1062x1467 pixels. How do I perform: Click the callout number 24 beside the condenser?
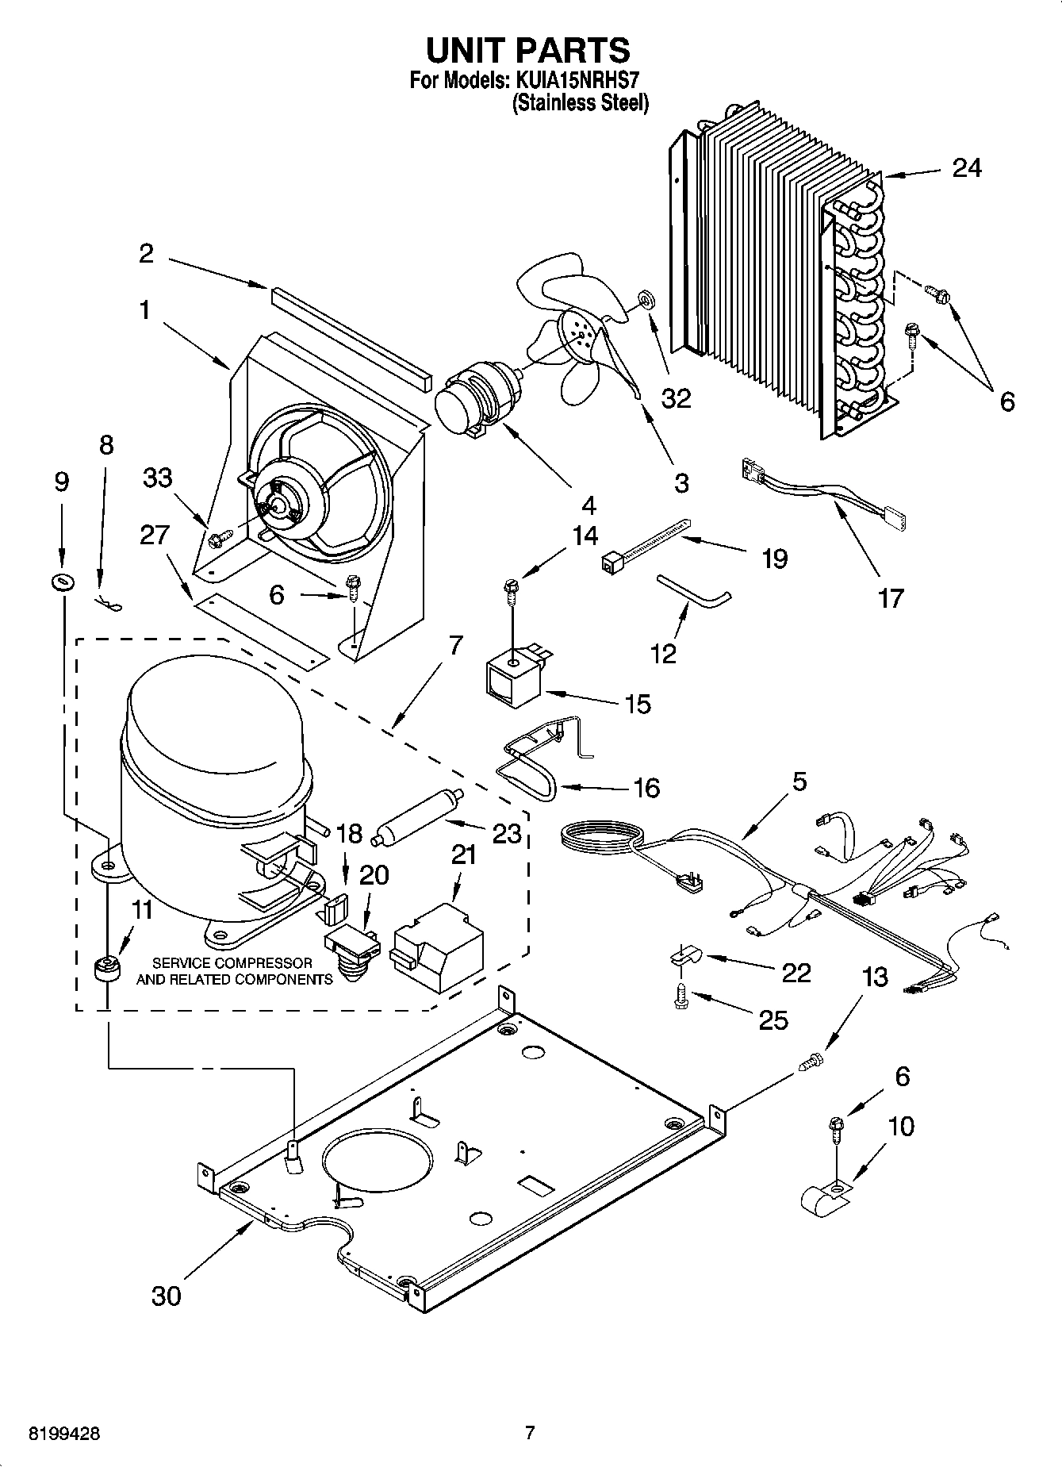[966, 168]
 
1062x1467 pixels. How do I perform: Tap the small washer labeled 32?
[645, 300]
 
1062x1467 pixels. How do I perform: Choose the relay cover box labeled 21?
[438, 944]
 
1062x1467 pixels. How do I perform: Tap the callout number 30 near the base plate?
[166, 1295]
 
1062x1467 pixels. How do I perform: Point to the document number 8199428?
[66, 1433]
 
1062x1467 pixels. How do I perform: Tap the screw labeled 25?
[680, 997]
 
